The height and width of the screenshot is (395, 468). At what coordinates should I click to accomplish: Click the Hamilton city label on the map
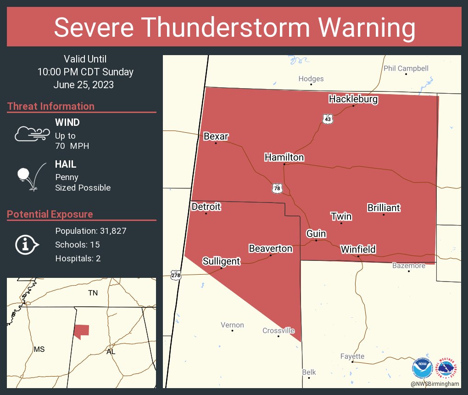pos(284,157)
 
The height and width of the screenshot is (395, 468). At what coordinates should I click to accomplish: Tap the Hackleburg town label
pos(353,99)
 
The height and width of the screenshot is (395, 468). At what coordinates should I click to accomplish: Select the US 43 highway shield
pos(327,119)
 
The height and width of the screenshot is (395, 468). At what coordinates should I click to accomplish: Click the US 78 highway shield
pos(277,188)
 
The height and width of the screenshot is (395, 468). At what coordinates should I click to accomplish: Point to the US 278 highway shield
pos(176,275)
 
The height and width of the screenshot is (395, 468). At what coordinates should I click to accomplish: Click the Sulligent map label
pos(221,261)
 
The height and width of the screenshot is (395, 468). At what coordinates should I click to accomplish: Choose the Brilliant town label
pos(384,208)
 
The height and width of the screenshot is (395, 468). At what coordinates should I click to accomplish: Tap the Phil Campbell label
pos(406,68)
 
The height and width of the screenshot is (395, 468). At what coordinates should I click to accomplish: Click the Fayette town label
pos(352,356)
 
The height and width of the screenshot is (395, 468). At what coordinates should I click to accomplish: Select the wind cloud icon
pos(31,134)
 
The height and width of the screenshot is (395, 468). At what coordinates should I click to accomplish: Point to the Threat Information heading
pos(51,106)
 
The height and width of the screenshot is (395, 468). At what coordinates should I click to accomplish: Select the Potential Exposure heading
pos(50,214)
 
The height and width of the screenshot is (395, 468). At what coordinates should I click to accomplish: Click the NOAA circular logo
pos(422,368)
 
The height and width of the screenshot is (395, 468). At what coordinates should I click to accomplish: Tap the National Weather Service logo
pos(447,368)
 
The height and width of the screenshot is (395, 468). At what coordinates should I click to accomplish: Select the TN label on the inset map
pos(93,293)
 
